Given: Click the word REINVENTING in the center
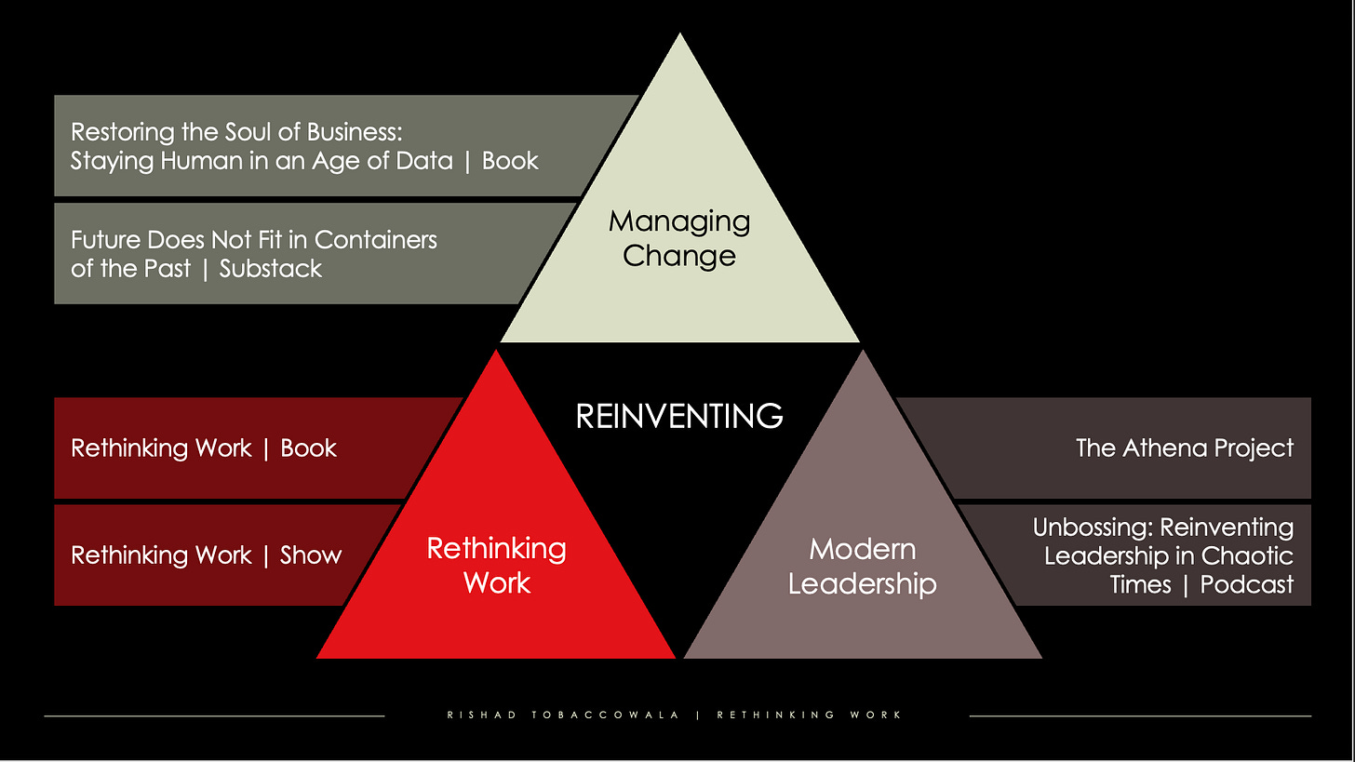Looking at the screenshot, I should [679, 416].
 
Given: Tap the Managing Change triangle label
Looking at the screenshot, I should [679, 238].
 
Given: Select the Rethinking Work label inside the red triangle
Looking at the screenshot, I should [496, 565].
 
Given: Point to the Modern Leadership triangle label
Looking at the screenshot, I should [862, 566].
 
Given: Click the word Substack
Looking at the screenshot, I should [271, 269].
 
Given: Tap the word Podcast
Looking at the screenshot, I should [1246, 584].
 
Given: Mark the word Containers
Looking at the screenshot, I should [376, 239].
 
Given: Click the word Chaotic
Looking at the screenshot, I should [1249, 555].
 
